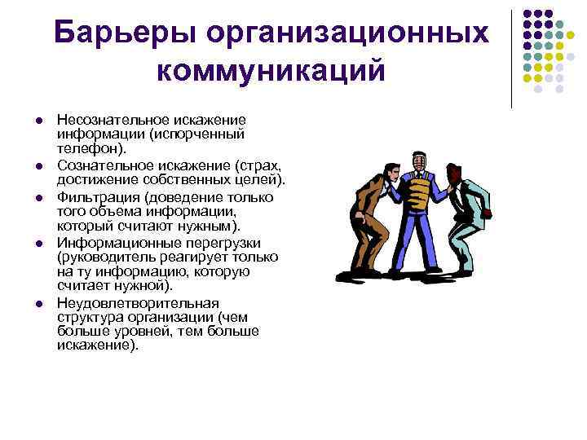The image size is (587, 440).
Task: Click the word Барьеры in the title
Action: tap(121, 34)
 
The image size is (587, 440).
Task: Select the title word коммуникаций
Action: tap(270, 71)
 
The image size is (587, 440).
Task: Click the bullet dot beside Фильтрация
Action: tap(38, 198)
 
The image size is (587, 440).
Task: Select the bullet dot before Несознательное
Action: tap(38, 121)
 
